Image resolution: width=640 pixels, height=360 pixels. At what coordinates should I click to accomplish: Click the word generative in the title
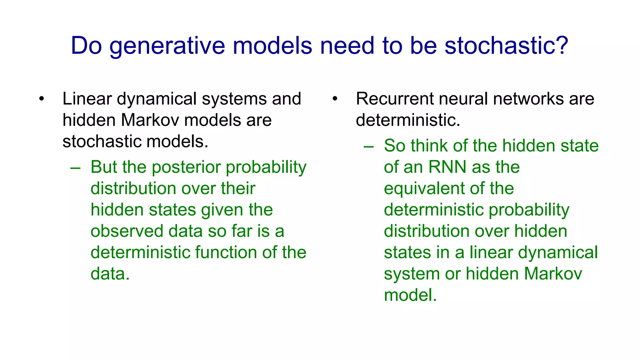click(x=167, y=46)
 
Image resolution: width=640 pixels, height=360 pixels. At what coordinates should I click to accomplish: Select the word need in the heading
click(x=347, y=46)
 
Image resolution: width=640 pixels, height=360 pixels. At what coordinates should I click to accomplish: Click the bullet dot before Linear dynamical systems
click(x=42, y=99)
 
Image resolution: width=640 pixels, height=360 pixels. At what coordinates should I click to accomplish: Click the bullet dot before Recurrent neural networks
click(x=335, y=99)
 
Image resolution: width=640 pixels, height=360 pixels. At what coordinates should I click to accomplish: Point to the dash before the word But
click(x=76, y=168)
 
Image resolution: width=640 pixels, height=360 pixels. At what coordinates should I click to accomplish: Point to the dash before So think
click(x=369, y=147)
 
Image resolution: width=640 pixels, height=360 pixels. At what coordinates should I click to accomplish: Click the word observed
click(x=127, y=231)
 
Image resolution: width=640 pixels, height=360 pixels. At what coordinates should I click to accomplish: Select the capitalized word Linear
click(x=87, y=99)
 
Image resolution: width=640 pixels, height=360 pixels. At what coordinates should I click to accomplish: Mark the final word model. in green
click(x=410, y=295)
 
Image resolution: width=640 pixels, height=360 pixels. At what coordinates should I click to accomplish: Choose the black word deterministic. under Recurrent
click(x=408, y=120)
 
